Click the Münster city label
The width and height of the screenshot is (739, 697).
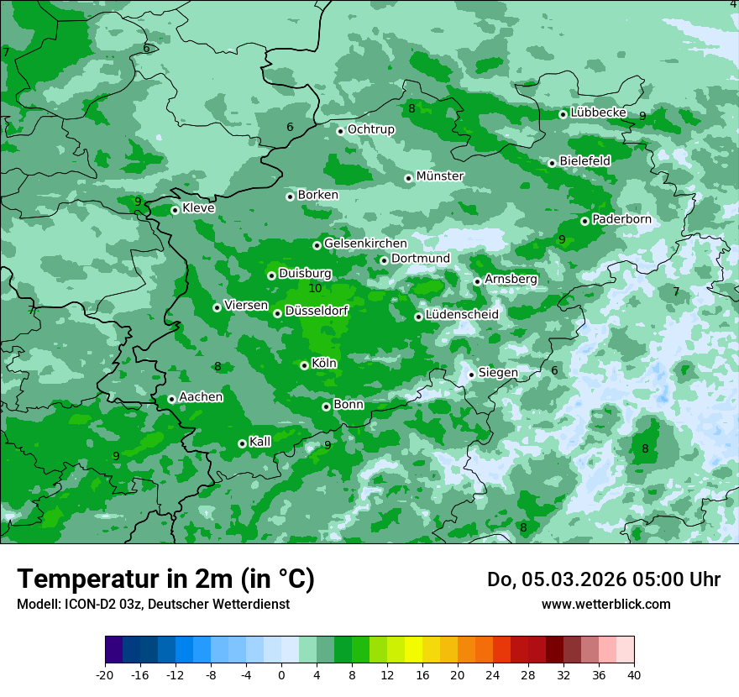(439, 176)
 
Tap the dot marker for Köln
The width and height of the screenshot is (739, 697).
(304, 365)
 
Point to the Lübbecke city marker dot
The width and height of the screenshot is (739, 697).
(563, 114)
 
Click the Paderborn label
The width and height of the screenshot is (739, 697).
(621, 219)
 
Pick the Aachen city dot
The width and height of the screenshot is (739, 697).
(171, 400)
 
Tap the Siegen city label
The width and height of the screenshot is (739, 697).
(498, 373)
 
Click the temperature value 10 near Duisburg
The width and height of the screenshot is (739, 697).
(315, 288)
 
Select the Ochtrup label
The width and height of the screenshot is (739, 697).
(370, 129)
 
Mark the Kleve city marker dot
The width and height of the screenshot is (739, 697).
(175, 210)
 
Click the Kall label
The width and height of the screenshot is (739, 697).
(260, 442)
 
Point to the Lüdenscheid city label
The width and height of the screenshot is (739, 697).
(462, 315)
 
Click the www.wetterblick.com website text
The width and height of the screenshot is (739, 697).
(605, 604)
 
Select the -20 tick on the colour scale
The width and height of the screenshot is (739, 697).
(105, 674)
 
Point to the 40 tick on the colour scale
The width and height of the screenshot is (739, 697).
(633, 674)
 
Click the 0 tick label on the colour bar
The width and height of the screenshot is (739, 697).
(281, 674)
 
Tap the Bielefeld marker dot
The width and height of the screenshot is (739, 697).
(552, 163)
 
